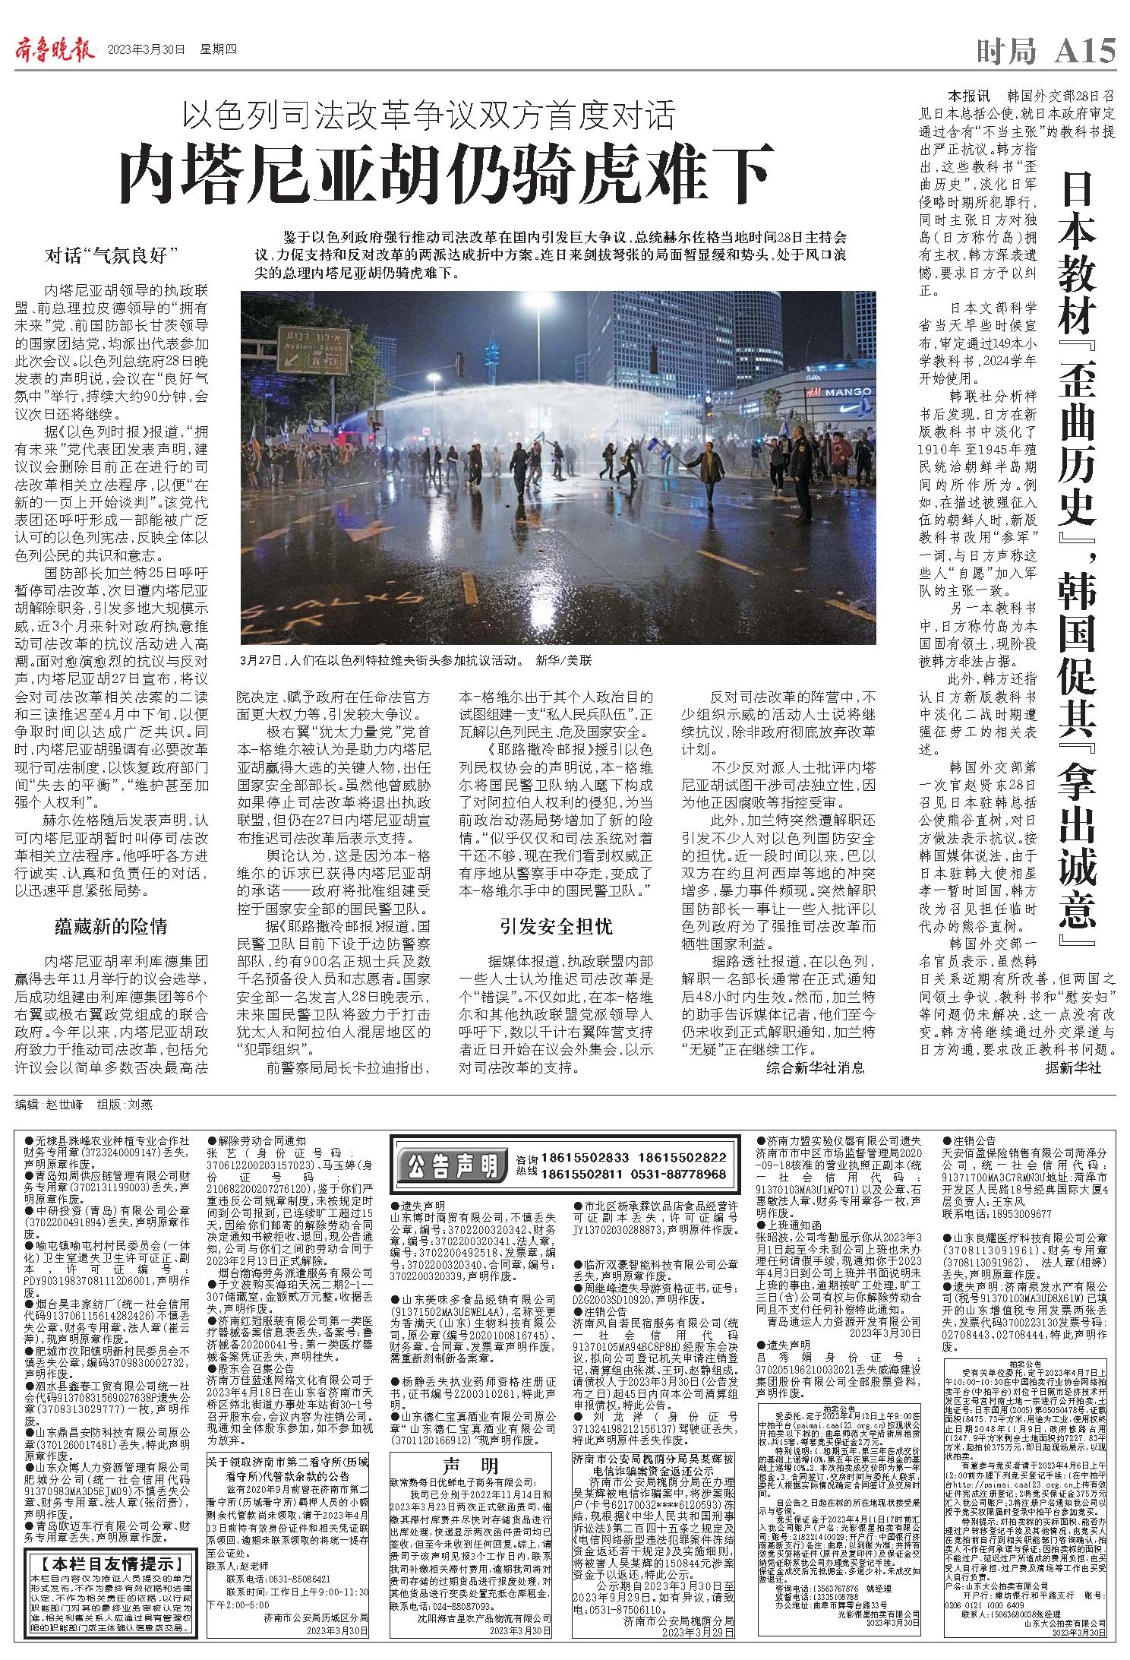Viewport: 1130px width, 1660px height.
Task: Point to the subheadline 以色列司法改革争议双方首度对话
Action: coord(430,115)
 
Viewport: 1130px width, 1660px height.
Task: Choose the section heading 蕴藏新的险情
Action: coord(111,926)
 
